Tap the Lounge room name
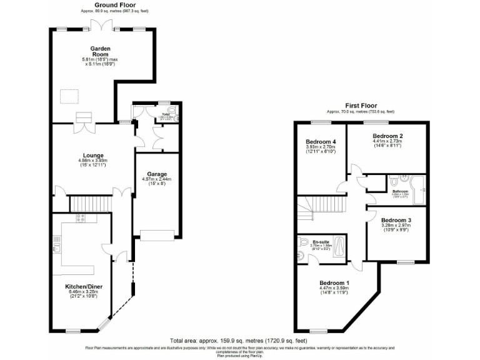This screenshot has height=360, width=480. (93, 155)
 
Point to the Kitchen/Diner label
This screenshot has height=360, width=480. (84, 286)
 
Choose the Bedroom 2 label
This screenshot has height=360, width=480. (387, 136)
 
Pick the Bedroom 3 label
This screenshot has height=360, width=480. (396, 219)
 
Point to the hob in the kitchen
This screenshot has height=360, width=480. (80, 218)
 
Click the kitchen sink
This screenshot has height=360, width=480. (57, 244)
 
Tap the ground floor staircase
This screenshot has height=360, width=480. (90, 203)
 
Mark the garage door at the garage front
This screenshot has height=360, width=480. (157, 234)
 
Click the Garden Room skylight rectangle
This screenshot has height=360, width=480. (69, 96)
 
